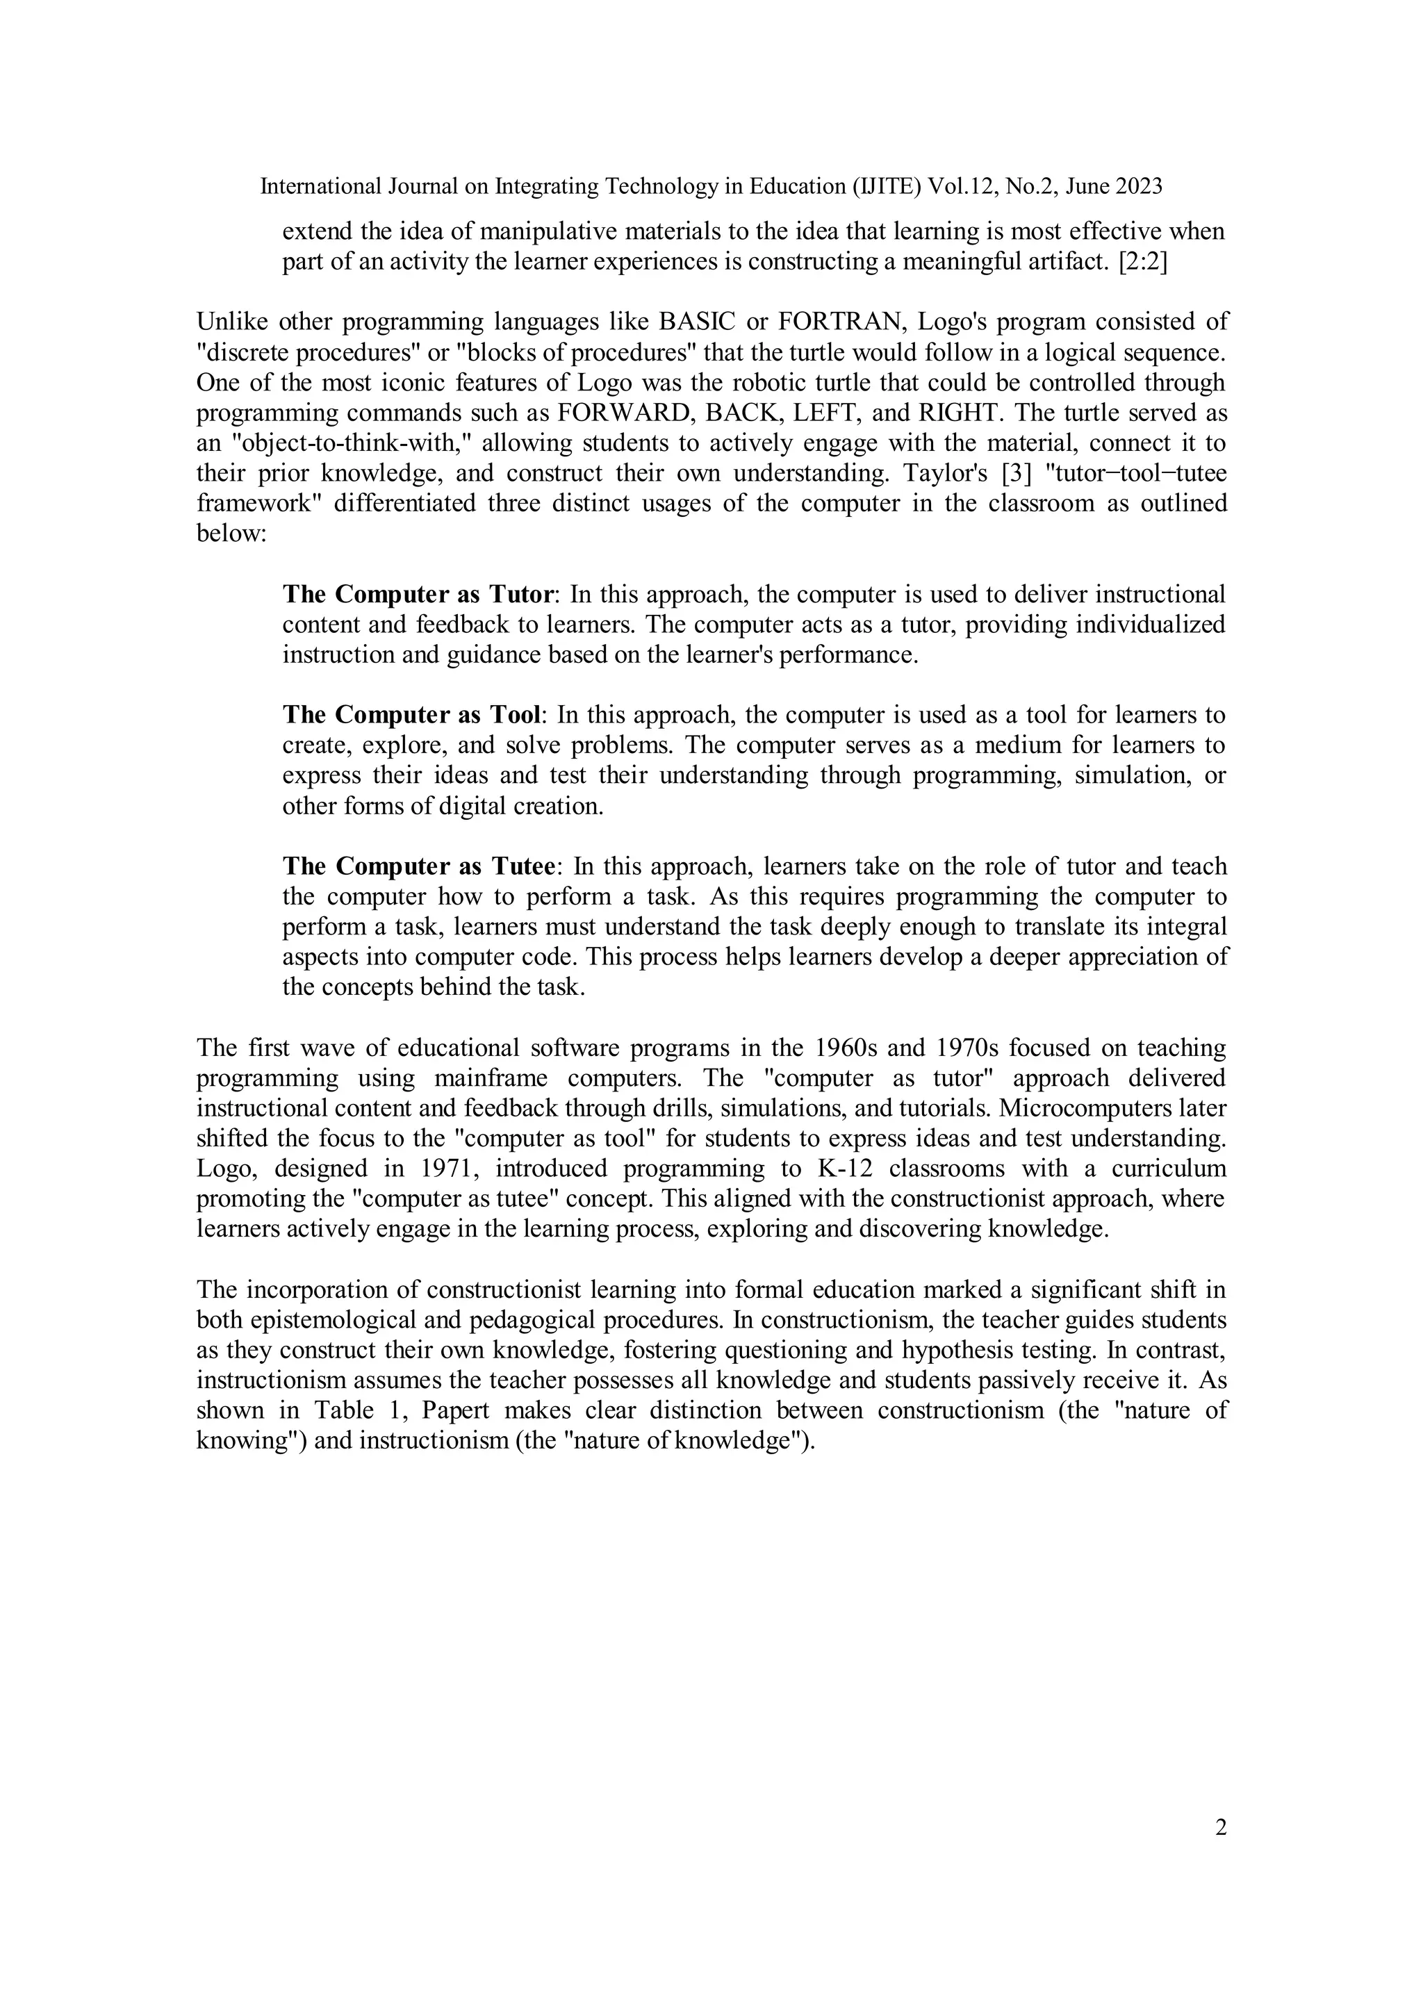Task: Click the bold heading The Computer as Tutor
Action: click(x=419, y=594)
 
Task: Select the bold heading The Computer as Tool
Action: click(x=411, y=715)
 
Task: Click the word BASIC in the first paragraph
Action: click(x=696, y=322)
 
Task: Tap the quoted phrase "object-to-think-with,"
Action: click(x=349, y=443)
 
